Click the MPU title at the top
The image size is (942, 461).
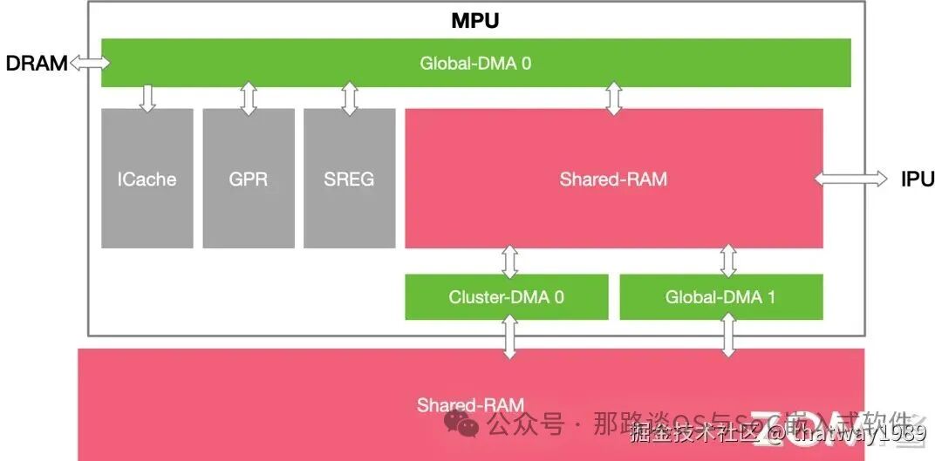tap(475, 20)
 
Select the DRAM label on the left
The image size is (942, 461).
tap(36, 63)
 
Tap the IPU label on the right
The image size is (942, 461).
tap(918, 180)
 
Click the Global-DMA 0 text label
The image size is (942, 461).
tap(475, 63)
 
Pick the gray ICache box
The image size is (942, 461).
tap(147, 179)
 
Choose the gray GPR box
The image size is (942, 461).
tap(249, 179)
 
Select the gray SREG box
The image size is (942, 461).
tap(349, 179)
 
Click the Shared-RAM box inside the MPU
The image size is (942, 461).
tap(613, 179)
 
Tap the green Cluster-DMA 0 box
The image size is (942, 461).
tap(507, 297)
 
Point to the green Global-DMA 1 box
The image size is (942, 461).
tap(720, 297)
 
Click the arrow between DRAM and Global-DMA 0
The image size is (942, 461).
tap(90, 63)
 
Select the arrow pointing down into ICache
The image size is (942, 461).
tap(147, 98)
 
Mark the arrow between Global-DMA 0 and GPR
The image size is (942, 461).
tap(249, 98)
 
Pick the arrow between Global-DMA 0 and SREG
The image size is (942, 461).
tap(350, 98)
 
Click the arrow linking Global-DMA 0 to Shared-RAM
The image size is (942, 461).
tap(614, 98)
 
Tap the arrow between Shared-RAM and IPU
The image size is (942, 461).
tap(851, 179)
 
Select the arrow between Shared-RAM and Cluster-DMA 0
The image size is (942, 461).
tap(509, 261)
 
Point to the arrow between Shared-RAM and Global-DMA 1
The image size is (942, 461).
tap(728, 261)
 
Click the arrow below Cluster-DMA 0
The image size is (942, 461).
tap(509, 336)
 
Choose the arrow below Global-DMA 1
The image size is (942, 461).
tap(728, 336)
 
